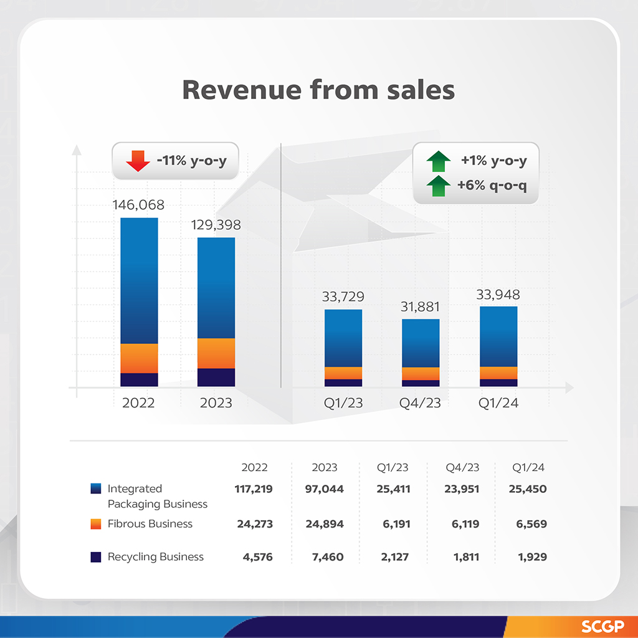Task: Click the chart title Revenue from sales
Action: coord(318,90)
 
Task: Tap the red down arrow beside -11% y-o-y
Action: coord(138,161)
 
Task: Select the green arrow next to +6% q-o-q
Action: coord(439,185)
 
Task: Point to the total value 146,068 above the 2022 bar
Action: coord(138,205)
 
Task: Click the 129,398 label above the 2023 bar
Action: coord(216,225)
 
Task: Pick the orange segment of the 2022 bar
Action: coord(139,358)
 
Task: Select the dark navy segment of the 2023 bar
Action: coord(216,377)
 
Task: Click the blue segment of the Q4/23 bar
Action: coord(421,343)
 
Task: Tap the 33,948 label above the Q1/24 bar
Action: coord(498,294)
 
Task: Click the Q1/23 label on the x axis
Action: coord(343,403)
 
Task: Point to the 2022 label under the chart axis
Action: coord(138,403)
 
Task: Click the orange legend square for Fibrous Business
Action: coord(95,524)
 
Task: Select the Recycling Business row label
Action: coord(155,557)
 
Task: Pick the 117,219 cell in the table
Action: coord(255,489)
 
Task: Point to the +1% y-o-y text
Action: coord(493,161)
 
